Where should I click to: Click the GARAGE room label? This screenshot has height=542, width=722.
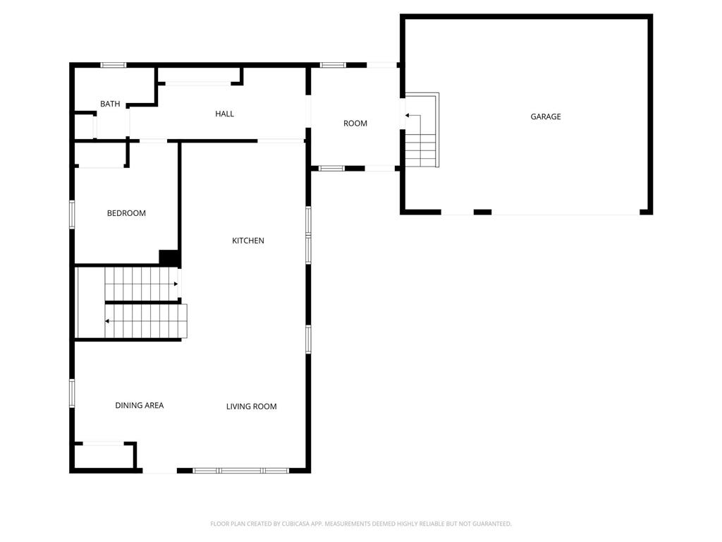546,116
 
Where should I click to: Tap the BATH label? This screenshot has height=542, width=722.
110,104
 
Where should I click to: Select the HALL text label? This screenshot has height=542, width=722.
225,114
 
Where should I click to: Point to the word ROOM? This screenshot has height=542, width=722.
355,124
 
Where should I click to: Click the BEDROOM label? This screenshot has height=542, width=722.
126,213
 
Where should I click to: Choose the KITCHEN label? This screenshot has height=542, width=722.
248,241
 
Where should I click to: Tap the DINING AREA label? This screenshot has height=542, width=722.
140,405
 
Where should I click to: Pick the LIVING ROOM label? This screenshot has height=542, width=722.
252,406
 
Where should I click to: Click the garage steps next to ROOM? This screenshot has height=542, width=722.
422,130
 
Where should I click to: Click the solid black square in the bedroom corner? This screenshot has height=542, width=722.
169,257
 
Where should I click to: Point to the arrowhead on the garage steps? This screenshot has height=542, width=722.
407,115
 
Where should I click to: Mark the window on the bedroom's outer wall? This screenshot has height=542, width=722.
73,215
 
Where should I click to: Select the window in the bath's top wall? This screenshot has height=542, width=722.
114,65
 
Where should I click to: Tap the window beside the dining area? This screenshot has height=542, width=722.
73,393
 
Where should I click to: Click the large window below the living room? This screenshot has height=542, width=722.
241,471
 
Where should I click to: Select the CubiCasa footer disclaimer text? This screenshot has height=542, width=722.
361,524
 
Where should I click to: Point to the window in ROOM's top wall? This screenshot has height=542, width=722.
333,65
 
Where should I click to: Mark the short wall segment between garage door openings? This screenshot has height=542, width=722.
482,212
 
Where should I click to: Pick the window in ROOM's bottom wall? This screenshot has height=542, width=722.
331,169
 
